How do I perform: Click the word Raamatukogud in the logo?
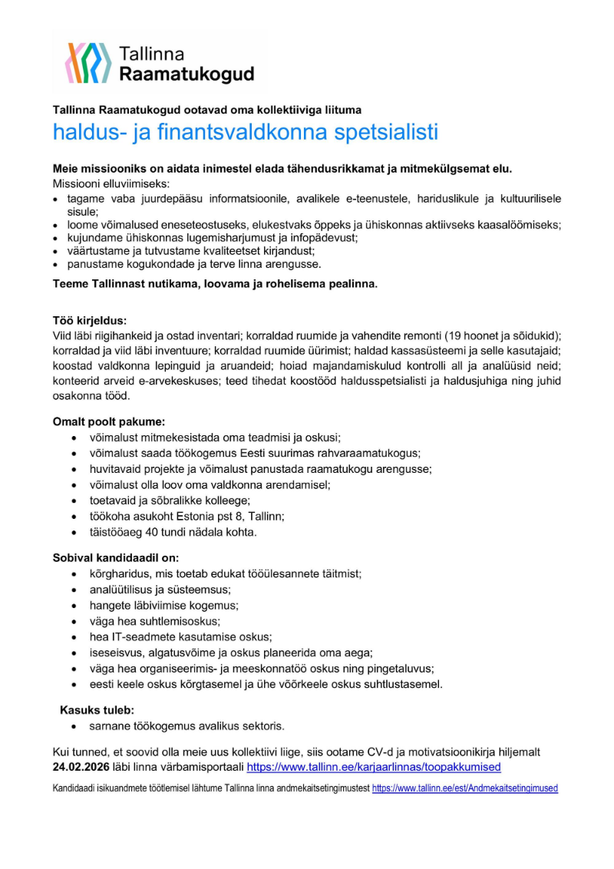187,74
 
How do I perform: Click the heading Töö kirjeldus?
90,320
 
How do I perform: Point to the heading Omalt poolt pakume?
108,421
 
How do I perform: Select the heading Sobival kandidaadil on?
115,557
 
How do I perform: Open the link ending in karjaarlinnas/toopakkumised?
373,767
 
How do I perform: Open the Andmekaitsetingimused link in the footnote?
465,788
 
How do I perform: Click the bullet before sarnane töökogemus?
73,725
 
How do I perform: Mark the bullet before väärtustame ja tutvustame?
56,251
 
